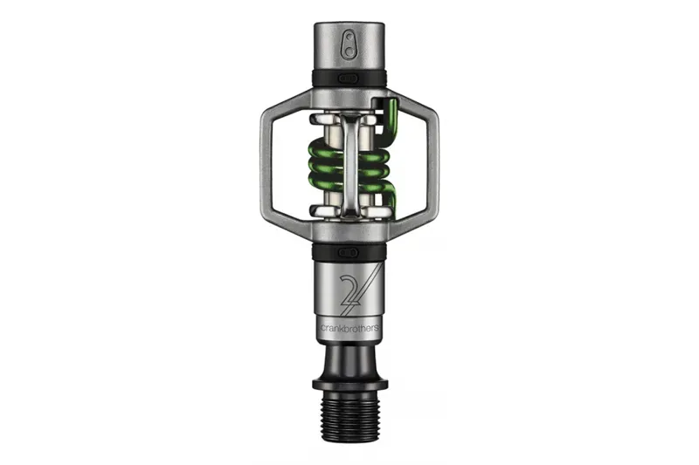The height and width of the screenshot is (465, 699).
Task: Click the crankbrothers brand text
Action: click(349, 328)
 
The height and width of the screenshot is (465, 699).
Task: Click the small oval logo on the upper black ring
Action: click(349, 78)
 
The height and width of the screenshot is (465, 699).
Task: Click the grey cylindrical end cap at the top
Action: click(349, 44)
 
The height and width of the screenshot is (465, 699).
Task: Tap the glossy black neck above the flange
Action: click(349, 358)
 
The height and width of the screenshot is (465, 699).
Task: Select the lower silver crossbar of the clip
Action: click(349, 209)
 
